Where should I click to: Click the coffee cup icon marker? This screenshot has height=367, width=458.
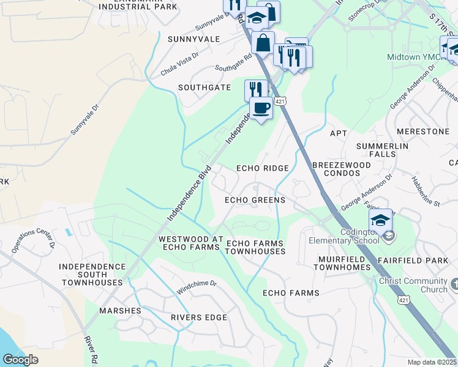(x=261, y=108)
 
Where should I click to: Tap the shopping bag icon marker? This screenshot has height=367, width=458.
(x=263, y=43)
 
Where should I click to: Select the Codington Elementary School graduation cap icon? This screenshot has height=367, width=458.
(x=380, y=220)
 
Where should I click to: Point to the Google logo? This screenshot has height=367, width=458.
(x=20, y=360)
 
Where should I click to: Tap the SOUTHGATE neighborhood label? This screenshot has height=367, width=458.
(x=205, y=87)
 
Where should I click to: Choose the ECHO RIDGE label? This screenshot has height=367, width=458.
(x=262, y=168)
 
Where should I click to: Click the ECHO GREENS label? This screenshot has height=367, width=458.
(x=255, y=200)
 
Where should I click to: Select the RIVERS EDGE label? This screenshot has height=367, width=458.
(x=199, y=317)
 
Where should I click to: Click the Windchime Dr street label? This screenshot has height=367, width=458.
(x=197, y=284)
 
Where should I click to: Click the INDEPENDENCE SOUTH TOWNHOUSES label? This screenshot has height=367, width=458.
(x=91, y=275)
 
